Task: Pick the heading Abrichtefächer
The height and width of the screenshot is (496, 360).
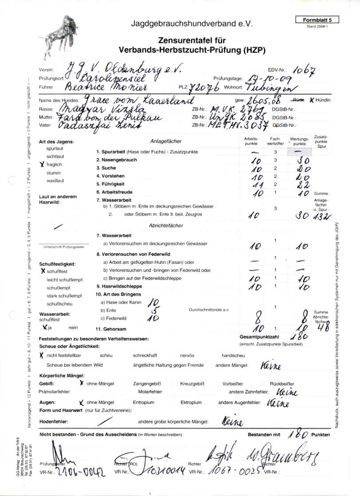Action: coord(166,226)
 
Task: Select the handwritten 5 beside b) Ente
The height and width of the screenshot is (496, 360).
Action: coord(153,310)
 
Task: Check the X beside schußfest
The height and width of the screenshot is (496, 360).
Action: coord(43,270)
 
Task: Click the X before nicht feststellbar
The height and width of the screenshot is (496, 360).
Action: coord(42,355)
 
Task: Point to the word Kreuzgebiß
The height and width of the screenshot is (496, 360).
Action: coord(192,383)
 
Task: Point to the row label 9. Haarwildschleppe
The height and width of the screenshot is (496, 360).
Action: coord(119,287)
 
